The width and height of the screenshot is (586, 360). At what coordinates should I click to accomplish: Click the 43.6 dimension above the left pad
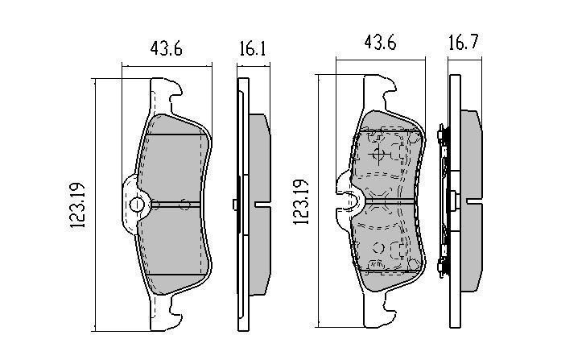tap(167, 48)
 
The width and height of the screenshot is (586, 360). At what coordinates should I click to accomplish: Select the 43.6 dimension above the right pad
tap(380, 42)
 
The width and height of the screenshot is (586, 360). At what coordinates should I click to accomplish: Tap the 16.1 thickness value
tap(253, 48)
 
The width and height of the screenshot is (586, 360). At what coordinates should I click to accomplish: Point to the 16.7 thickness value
tap(463, 42)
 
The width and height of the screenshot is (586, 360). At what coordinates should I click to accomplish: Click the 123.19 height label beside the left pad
tap(78, 205)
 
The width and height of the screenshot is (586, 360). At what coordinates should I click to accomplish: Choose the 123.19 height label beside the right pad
tap(301, 202)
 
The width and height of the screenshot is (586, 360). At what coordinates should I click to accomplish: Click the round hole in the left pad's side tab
tap(137, 205)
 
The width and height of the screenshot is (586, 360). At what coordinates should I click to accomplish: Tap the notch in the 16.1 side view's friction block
tap(262, 205)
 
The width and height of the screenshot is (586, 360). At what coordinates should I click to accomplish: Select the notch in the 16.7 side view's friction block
tap(474, 201)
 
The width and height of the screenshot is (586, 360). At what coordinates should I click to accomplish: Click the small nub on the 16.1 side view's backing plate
tap(235, 205)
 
